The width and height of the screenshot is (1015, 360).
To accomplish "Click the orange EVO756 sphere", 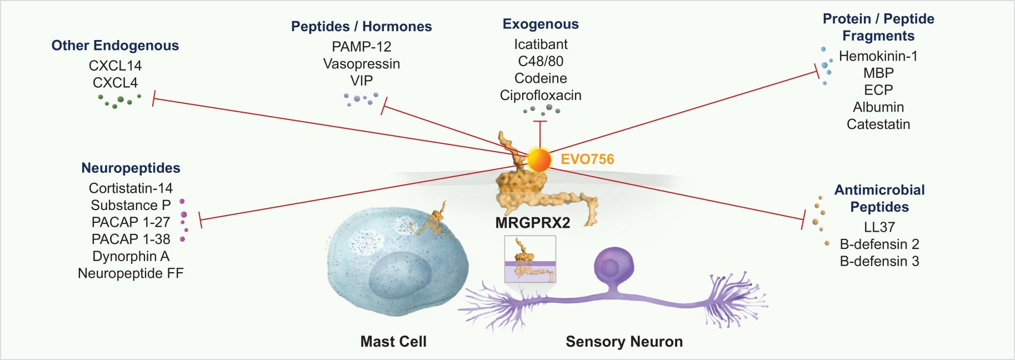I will point(539,160).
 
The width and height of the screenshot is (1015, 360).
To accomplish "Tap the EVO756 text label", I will point(587,159).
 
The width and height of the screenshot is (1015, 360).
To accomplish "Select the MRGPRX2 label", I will point(532,223).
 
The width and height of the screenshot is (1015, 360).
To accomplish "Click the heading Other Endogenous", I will point(115,46).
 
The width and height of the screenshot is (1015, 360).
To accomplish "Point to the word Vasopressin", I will point(362,64).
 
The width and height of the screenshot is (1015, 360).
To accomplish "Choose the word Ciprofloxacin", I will point(541,96).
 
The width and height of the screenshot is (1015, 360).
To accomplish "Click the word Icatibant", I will point(541,44).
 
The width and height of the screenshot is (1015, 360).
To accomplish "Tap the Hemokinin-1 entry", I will point(878,56).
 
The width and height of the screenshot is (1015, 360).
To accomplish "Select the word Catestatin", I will point(878,124).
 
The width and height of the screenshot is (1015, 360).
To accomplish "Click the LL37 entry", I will point(879,227).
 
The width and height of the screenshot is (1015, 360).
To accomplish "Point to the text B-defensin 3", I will point(879,261).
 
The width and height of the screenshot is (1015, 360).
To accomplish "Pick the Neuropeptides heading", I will point(131,168).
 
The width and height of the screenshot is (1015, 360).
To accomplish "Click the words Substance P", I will point(131,206).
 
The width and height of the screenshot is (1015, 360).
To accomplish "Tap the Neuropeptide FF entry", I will point(131,273).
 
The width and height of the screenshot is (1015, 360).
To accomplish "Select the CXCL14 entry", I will point(115,66).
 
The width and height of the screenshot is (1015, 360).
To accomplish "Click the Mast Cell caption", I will point(393,342).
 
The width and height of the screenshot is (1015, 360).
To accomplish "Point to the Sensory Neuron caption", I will point(624,342).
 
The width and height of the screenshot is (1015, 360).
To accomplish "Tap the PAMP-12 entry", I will point(362,47).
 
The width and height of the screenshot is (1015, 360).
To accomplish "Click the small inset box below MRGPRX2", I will point(530,259).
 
